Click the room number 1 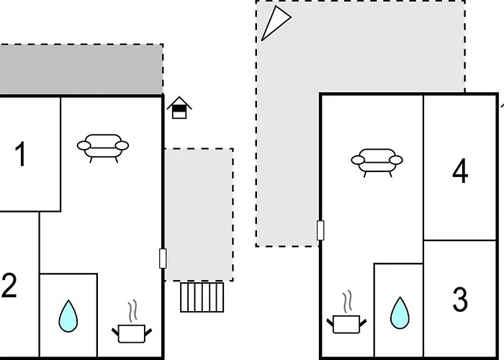point(20,155)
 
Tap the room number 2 point(9,287)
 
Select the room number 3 point(460,300)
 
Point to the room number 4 point(460,171)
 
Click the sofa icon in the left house point(103,147)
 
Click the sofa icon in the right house point(377,161)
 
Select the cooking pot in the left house point(132,333)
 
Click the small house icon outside point(179,107)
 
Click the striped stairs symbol point(202,297)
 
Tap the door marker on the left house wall point(163,258)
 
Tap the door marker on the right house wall point(320,230)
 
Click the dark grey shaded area point(81,68)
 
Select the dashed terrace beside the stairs point(199,214)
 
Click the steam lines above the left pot point(132,312)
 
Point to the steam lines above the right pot point(347,301)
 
